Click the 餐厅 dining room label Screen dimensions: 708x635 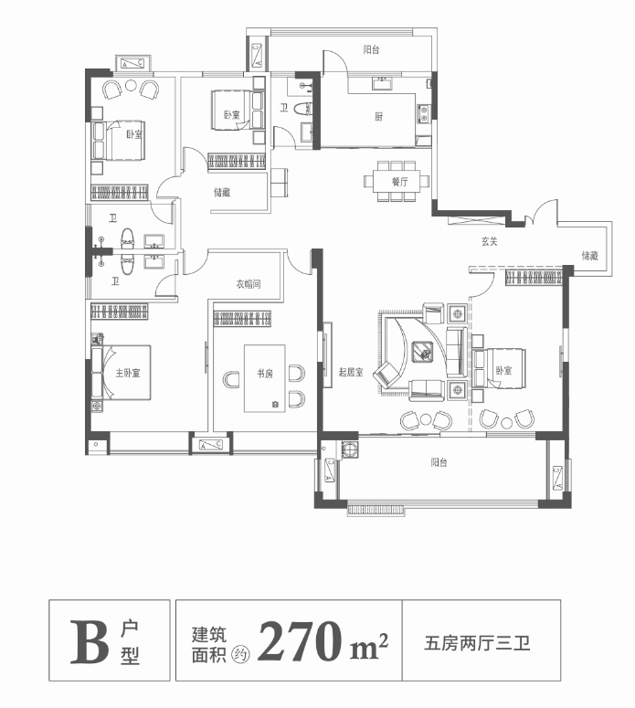(x=399, y=182)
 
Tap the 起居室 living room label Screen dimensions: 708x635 (x=351, y=372)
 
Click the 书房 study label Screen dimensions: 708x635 (x=265, y=373)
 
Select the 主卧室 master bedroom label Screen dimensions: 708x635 (x=128, y=373)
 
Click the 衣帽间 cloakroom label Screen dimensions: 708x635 (x=249, y=284)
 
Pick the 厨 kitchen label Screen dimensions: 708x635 (x=377, y=117)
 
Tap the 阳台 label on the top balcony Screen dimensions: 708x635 (x=371, y=50)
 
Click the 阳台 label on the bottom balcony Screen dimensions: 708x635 (x=439, y=462)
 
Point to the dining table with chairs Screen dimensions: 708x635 (x=397, y=179)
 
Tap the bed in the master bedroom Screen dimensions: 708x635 (x=123, y=372)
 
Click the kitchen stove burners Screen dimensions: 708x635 (x=424, y=114)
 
